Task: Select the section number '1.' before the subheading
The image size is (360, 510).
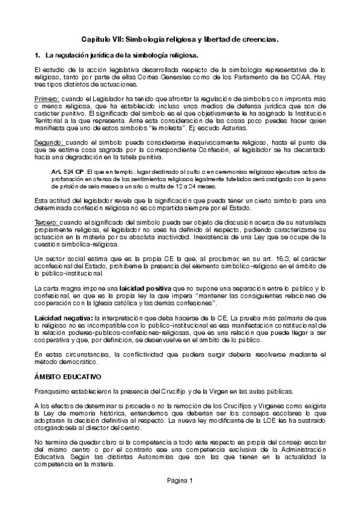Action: (x=37, y=55)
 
